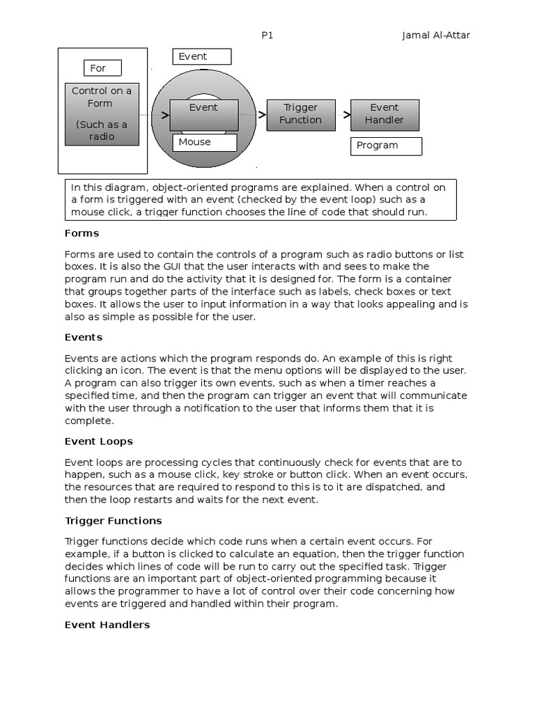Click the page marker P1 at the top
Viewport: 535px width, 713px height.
pos(267,36)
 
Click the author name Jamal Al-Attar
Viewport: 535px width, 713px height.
pos(435,36)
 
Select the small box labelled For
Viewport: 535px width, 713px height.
pos(102,68)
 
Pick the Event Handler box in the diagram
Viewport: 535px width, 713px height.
pos(384,114)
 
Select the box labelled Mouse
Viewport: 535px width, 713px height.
pos(204,142)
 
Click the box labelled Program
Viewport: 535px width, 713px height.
pos(385,146)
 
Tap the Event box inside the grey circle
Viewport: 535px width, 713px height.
pos(203,114)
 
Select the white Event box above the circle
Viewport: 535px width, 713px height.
pos(201,57)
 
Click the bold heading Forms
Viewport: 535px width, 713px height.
pos(82,233)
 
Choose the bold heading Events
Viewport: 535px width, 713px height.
pos(84,337)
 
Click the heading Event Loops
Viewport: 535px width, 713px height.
pos(98,441)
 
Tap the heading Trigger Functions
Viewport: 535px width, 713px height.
pos(113,521)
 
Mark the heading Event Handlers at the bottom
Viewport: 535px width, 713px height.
pos(107,625)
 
